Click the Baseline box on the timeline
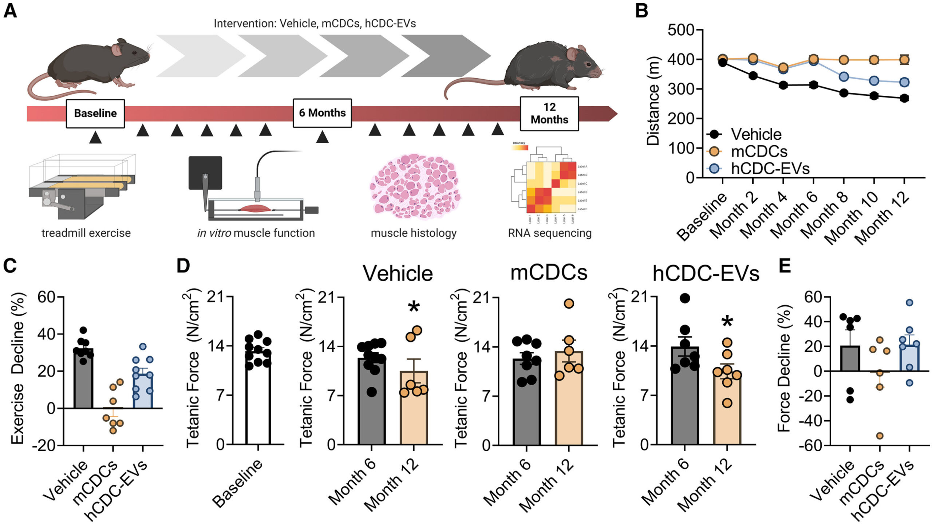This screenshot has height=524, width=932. click(95, 113)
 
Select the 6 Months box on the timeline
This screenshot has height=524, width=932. click(322, 113)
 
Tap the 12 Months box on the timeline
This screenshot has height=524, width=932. click(549, 114)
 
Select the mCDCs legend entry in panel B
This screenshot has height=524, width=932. click(759, 151)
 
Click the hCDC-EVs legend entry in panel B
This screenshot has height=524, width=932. click(770, 168)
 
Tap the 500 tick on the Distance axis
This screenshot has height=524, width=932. click(680, 30)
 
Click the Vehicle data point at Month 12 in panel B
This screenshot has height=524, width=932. click(904, 98)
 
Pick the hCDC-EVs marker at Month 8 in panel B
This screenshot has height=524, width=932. click(844, 77)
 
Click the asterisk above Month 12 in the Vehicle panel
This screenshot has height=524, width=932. click(414, 307)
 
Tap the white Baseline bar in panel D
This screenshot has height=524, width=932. click(258, 400)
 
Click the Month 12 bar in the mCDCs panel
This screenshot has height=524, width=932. click(569, 400)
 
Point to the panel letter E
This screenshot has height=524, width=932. click(785, 266)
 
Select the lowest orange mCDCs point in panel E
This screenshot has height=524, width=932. click(880, 436)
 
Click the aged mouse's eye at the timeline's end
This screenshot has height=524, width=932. click(587, 64)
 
